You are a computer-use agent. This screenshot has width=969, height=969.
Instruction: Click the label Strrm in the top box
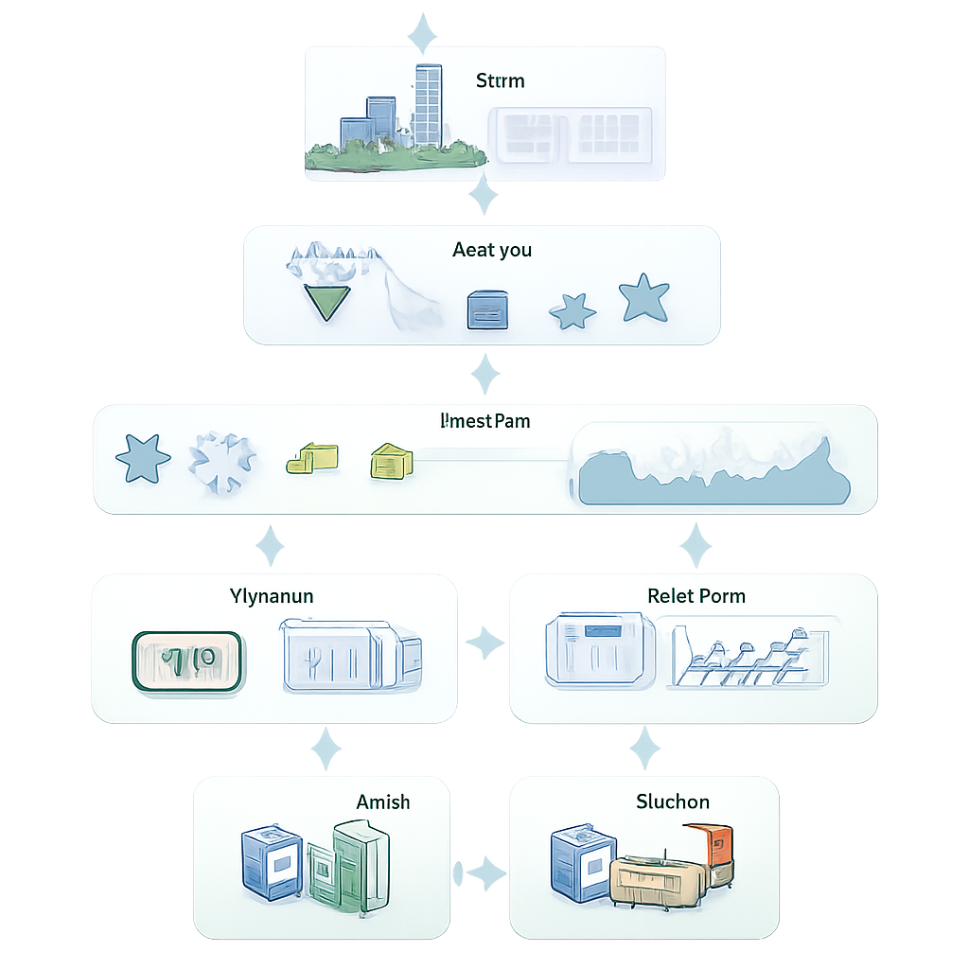[x=500, y=80]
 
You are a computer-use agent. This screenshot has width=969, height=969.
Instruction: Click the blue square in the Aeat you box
[x=487, y=310]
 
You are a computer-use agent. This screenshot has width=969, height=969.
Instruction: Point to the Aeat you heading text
[x=492, y=250]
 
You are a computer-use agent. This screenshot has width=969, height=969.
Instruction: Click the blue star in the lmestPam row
[x=143, y=459]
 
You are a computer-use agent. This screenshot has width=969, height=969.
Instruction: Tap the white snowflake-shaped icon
[x=223, y=463]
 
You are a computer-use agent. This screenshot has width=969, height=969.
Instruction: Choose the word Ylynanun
[x=272, y=596]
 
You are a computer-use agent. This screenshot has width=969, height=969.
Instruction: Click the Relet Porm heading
[x=696, y=596]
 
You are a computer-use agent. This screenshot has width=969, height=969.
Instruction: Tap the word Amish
[x=383, y=802]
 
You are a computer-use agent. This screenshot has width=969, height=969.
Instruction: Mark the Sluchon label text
[x=672, y=802]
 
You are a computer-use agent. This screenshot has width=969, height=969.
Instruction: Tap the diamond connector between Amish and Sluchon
[x=484, y=872]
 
